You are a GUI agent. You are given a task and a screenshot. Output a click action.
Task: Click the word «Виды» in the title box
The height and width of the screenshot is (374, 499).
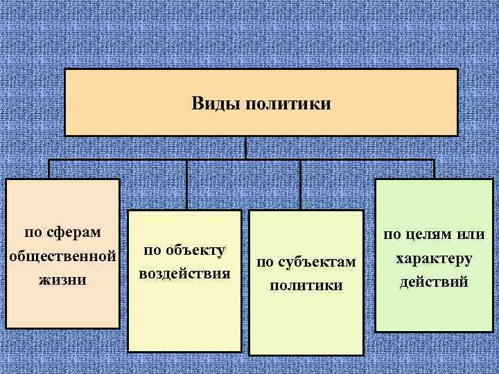pos(210,104)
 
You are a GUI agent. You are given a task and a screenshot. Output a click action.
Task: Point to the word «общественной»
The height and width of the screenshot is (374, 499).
pos(62,255)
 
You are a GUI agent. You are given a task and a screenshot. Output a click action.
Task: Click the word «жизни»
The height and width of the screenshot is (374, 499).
pos(62,280)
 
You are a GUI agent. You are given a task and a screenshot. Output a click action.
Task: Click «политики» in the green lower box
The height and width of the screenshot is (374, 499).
pos(306,285)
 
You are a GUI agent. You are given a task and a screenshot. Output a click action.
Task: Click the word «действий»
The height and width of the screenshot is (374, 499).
pos(435,282)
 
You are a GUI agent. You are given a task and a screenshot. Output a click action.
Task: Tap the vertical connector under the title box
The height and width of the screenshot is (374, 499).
pos(245,148)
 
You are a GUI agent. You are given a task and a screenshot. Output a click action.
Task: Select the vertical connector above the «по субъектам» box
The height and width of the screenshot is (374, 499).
pos(299,184)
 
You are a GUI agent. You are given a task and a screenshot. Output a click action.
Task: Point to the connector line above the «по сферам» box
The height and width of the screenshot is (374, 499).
pos(49,169)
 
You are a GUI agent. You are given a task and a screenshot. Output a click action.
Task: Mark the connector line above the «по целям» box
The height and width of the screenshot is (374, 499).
pos(434,169)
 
